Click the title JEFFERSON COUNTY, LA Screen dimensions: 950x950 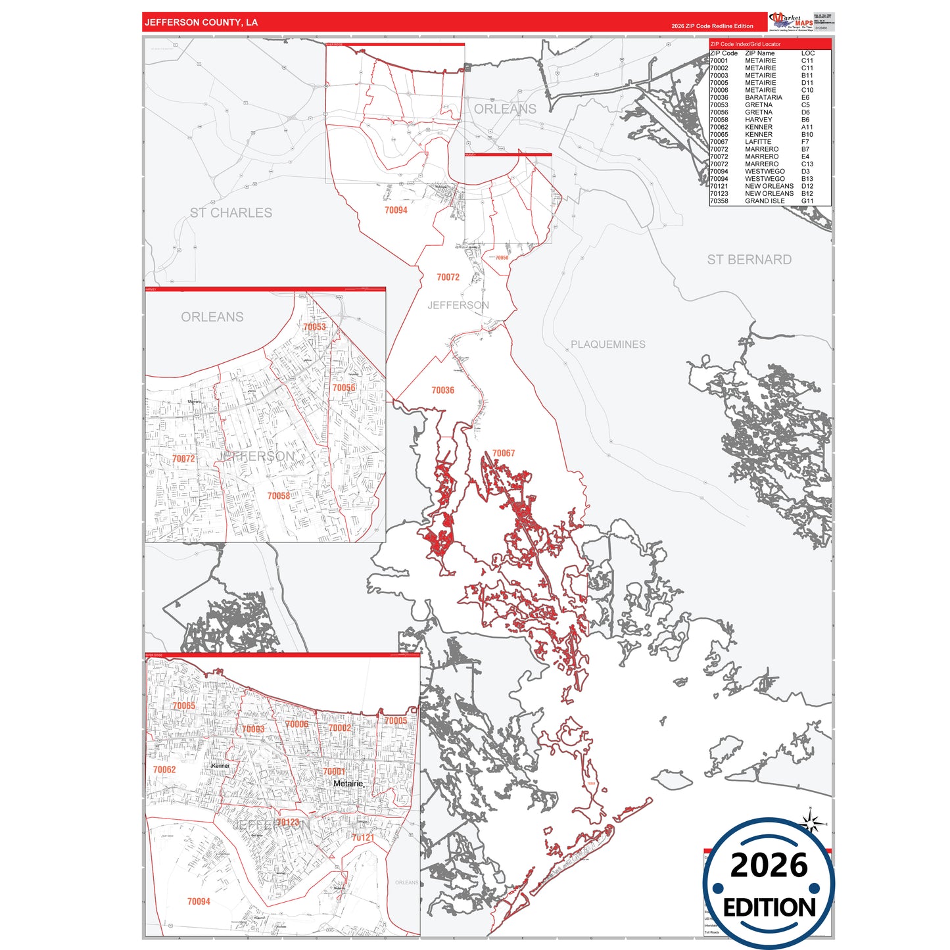point(201,22)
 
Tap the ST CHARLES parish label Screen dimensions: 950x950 point(231,213)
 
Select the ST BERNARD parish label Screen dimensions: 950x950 point(749,260)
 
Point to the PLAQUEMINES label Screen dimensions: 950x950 point(607,344)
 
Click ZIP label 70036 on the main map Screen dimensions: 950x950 point(442,391)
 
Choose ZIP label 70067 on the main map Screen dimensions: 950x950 point(504,454)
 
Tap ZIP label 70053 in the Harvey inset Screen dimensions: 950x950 point(314,327)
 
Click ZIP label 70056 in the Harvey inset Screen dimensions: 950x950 point(343,388)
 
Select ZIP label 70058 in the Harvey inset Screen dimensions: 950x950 point(278,496)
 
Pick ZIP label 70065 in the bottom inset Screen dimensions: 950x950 point(183,706)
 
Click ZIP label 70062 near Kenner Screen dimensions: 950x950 point(164,769)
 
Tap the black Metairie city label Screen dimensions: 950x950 point(348,784)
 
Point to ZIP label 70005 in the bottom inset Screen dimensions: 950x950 point(395,721)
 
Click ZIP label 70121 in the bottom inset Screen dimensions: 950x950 point(362,838)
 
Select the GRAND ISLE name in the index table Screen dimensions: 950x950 point(765,201)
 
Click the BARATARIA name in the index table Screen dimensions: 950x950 point(763,97)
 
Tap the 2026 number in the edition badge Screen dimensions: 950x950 point(769,865)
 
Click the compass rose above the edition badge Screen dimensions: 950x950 point(812,822)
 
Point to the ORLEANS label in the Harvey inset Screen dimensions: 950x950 point(212,317)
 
